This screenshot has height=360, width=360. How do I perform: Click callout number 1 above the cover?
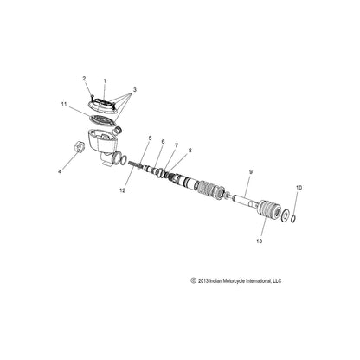106,80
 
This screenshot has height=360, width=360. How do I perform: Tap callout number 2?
85,79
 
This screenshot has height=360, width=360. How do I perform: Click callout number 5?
149,138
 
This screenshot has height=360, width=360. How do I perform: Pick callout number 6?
162,140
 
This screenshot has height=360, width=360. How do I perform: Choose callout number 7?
177,145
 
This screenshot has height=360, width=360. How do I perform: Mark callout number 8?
190,151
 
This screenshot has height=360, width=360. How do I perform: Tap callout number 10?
299,211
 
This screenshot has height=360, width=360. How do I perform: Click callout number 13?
260,243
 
